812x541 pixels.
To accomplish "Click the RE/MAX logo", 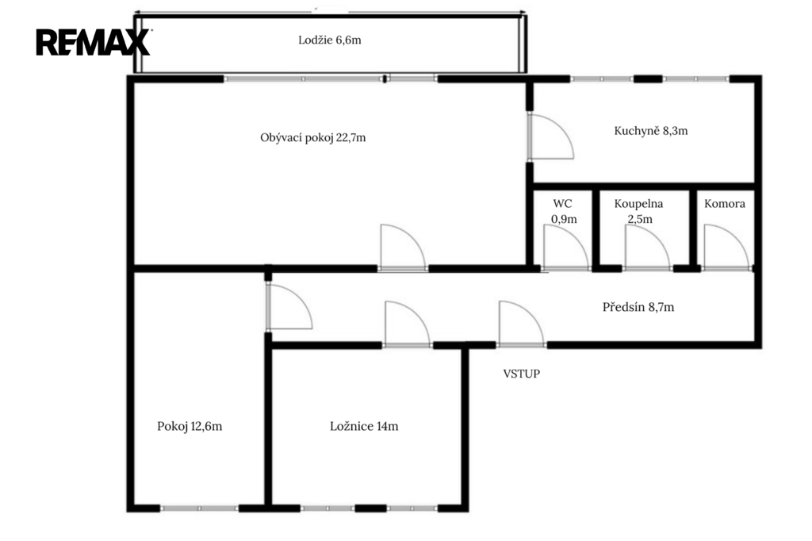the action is (94, 42).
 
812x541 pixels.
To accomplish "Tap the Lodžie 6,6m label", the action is (330, 40).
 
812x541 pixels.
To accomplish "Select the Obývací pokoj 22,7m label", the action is (312, 138).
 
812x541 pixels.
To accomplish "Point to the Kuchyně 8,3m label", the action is (651, 131).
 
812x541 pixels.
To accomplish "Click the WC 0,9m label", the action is (564, 212).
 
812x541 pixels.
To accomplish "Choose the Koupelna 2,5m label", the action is (638, 212).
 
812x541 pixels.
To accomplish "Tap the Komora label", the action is (725, 204).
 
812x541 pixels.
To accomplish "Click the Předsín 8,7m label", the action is (638, 307).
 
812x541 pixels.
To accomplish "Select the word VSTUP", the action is (522, 374).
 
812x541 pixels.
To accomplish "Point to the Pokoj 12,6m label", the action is (190, 427).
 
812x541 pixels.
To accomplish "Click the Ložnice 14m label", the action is (364, 427).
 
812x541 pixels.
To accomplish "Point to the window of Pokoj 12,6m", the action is (199, 508).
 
